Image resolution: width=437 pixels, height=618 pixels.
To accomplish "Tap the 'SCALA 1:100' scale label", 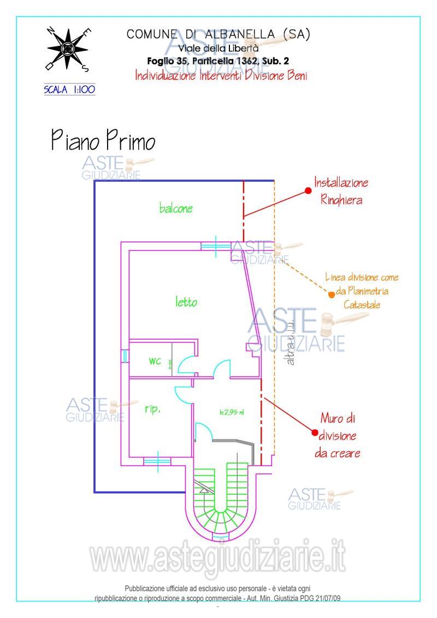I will [x=69, y=89].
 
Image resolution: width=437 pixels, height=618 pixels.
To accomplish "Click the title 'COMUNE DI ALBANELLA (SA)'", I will [x=218, y=34].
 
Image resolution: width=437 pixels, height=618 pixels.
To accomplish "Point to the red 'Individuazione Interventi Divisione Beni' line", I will [x=221, y=76].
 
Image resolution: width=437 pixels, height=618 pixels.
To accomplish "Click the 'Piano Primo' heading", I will [x=103, y=140].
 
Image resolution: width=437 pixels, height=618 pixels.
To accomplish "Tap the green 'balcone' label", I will [x=176, y=208].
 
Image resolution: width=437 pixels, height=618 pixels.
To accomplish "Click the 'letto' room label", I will [x=186, y=301].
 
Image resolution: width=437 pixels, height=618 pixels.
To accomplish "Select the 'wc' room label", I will [x=155, y=361].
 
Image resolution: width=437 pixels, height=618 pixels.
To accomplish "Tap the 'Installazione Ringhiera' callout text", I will [x=341, y=191].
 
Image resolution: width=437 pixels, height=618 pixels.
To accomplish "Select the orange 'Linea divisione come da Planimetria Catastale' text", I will [x=362, y=291].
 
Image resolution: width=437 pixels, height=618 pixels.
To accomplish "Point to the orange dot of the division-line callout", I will [x=331, y=295].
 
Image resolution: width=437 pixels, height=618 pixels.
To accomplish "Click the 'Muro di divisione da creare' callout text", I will [x=338, y=436].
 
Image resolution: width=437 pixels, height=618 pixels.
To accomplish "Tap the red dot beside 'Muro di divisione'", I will [x=315, y=432].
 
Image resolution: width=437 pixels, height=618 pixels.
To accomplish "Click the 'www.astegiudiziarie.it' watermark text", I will [x=218, y=558].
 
